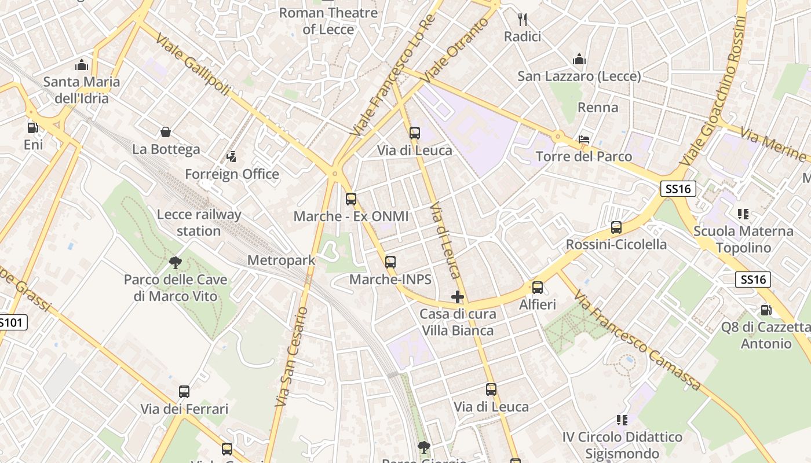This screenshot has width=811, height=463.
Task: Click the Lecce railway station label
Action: pos(199,223)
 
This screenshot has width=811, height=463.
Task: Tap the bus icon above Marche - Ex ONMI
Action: pos(351,199)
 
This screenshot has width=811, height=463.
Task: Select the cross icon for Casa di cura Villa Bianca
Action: pos(458,297)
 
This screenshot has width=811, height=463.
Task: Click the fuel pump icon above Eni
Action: pos(33,127)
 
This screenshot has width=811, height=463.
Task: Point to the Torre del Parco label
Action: pos(584,157)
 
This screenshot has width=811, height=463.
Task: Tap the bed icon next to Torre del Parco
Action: pos(584,139)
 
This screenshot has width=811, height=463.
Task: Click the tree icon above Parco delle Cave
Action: pos(176,263)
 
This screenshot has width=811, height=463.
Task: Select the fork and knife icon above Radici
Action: pos(523,20)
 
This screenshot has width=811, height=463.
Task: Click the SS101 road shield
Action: pos(12,322)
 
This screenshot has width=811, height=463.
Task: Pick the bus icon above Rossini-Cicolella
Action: pos(616,227)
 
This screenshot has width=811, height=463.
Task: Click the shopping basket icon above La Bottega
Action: pos(166,132)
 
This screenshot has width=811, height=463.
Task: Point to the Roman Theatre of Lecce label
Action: pos(328,21)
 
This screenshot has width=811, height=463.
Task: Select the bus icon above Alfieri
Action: pos(538,288)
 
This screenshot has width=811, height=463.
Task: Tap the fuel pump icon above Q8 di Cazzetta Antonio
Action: pos(765,310)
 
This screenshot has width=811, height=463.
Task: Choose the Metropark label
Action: pos(282,260)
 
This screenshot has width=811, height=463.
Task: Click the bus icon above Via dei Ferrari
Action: pos(184,392)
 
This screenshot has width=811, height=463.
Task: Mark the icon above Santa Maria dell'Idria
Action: pos(82,64)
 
